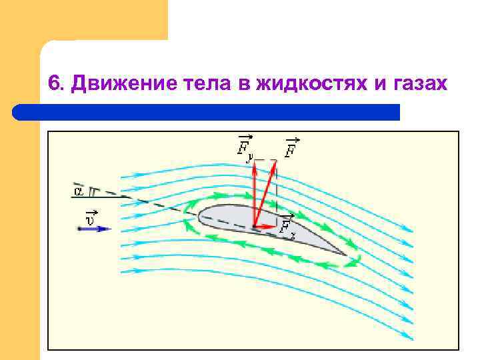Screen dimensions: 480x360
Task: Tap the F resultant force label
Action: pyautogui.click(x=291, y=148)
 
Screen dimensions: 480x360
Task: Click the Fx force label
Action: pyautogui.click(x=287, y=227)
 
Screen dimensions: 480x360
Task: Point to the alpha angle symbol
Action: pyautogui.click(x=78, y=191)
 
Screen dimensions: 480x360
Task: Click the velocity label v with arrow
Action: pyautogui.click(x=90, y=217)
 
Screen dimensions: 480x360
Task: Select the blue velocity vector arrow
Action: pyautogui.click(x=93, y=229)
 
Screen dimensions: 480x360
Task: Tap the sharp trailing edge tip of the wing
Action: pyautogui.click(x=346, y=255)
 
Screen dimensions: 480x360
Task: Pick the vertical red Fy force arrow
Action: pyautogui.click(x=255, y=197)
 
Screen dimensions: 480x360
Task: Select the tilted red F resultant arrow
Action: pyautogui.click(x=265, y=193)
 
